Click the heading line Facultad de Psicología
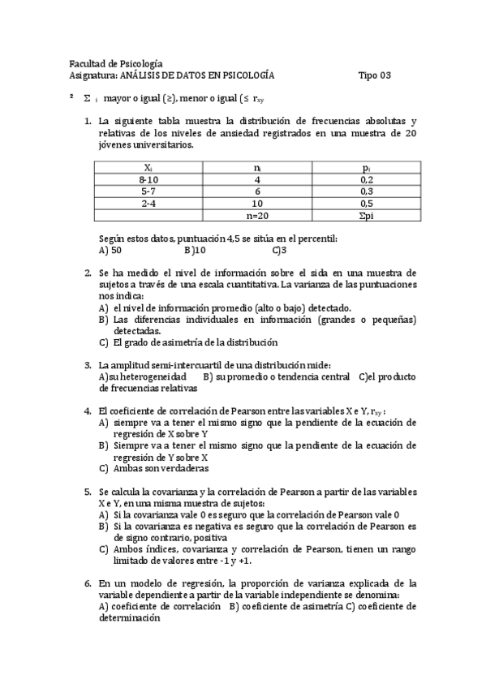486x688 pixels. point(116,63)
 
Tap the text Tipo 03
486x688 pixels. point(374,75)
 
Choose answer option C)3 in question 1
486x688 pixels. point(280,251)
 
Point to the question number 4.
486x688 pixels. point(88,411)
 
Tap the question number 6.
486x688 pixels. point(88,583)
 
